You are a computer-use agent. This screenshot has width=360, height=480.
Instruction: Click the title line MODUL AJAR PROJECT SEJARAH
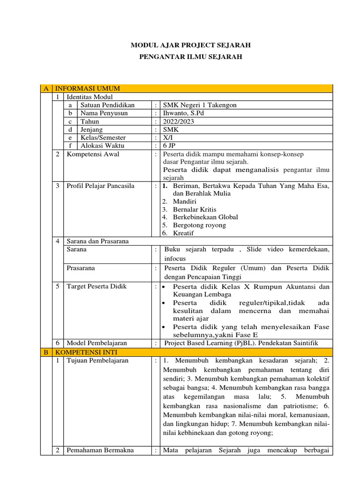[x=190, y=45]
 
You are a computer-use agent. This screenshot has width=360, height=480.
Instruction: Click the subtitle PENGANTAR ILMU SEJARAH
[x=190, y=57]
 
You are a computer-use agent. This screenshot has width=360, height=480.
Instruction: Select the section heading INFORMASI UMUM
[x=88, y=89]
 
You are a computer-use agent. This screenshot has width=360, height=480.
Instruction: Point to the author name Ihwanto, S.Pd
[x=183, y=113]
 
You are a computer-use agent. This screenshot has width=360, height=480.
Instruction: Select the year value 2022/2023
[x=178, y=121]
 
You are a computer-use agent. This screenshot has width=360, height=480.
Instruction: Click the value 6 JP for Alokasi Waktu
[x=169, y=146]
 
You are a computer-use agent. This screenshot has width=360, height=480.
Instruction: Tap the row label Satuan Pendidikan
[x=107, y=105]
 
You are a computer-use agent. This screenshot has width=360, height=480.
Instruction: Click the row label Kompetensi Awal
[x=93, y=154]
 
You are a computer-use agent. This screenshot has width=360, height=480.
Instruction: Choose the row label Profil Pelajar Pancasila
[x=100, y=186]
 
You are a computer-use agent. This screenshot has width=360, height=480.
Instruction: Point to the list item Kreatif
[x=183, y=233]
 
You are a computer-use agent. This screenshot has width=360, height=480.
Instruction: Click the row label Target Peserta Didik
[x=97, y=286]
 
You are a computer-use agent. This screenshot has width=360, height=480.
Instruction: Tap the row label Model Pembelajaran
[x=97, y=343]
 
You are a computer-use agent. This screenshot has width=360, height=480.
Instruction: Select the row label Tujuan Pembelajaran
[x=97, y=360]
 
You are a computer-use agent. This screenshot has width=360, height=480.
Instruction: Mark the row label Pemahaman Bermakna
[x=100, y=450]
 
